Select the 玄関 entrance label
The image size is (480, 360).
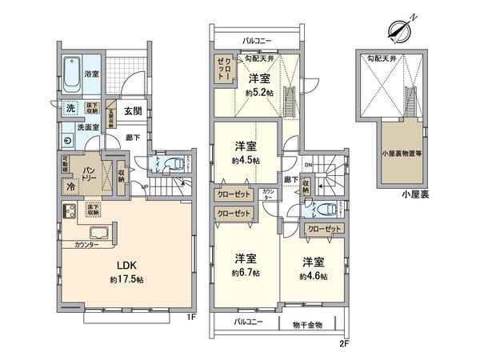tap(134, 111)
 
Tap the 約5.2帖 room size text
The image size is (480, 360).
tap(258, 94)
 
